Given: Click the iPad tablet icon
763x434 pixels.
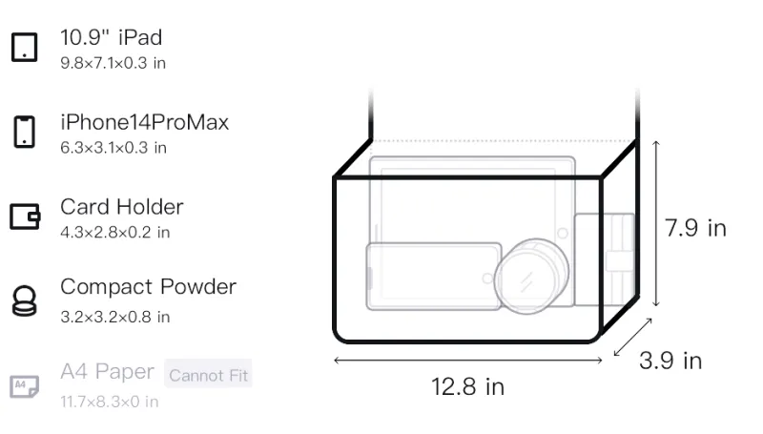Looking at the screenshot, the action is pyautogui.click(x=25, y=47).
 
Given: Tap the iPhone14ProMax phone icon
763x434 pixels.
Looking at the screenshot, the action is pyautogui.click(x=25, y=132).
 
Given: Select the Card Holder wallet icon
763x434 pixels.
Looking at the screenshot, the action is pyautogui.click(x=25, y=216).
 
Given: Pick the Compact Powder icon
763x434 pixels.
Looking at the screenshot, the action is pyautogui.click(x=25, y=301).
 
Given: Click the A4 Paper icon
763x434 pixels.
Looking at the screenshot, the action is pyautogui.click(x=25, y=386).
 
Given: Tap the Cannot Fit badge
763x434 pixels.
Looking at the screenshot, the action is pyautogui.click(x=208, y=375).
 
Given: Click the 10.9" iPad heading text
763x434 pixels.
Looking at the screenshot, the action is pyautogui.click(x=112, y=37).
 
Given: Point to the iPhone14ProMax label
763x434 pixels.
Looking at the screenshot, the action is pyautogui.click(x=145, y=122).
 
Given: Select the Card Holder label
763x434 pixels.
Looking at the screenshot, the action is pyautogui.click(x=122, y=207).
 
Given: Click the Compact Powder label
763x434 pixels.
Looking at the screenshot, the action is pyautogui.click(x=149, y=286).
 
